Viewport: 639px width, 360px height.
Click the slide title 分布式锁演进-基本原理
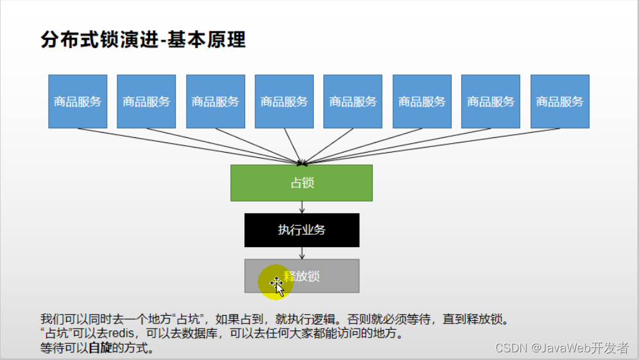[x=143, y=40]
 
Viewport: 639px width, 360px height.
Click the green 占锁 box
[x=302, y=183]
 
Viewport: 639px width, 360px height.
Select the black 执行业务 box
[x=302, y=230]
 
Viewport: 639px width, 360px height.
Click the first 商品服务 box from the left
[x=78, y=101]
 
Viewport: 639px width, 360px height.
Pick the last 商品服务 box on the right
[x=559, y=101]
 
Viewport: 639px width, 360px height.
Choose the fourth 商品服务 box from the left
[x=284, y=101]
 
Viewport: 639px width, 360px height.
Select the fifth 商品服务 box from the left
[x=353, y=101]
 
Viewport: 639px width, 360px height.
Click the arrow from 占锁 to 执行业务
[x=302, y=207]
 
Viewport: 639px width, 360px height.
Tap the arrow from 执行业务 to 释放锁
[x=302, y=253]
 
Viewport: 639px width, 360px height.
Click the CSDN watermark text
[x=511, y=348]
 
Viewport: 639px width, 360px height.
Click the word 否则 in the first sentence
[x=357, y=320]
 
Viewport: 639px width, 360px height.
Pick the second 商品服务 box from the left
[x=146, y=101]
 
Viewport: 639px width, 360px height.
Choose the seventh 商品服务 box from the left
[x=491, y=101]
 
